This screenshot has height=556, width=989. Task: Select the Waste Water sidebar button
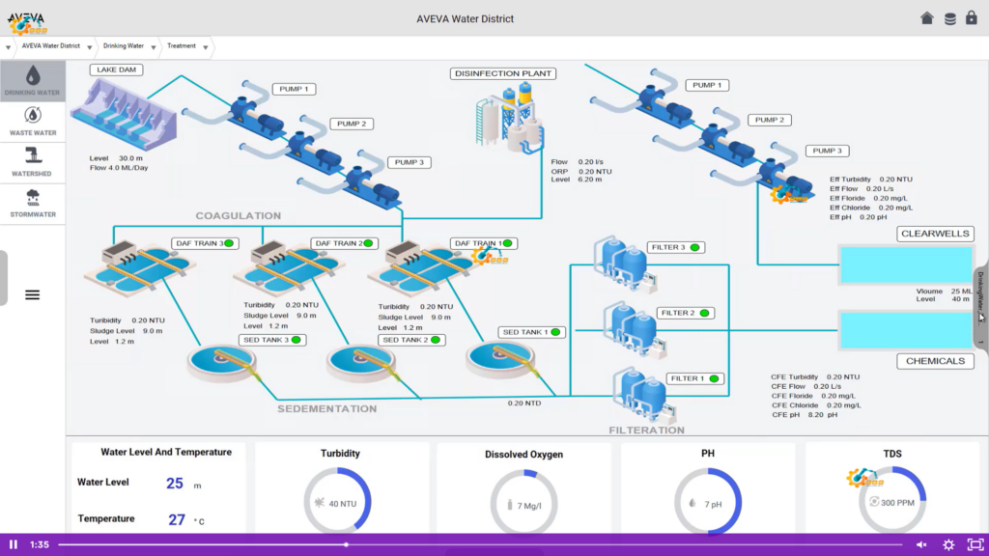pos(33,123)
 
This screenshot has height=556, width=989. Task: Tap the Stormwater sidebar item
pos(33,204)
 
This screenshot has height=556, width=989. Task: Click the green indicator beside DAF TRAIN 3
pos(229,243)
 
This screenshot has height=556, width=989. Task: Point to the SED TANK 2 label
pos(406,340)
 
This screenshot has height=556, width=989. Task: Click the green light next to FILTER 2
pos(705,313)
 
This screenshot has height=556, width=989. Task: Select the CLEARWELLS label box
pos(934,234)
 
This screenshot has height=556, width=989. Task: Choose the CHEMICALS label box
pos(934,361)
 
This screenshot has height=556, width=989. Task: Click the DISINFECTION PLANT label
pos(502,73)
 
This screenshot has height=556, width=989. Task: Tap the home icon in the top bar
pos(927,18)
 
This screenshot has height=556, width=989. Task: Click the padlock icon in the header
pos(972,18)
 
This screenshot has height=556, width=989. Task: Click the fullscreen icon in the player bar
pos(975,544)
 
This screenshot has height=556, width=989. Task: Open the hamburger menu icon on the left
pos(32,294)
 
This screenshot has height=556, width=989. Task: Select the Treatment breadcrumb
pos(182,45)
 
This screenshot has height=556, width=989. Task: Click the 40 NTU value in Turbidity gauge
pos(343,504)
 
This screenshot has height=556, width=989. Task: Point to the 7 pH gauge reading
pos(713,504)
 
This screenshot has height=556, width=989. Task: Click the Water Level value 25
pos(175,484)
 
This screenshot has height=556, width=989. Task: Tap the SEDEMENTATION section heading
pos(326,409)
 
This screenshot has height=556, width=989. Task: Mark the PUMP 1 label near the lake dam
pos(293,89)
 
